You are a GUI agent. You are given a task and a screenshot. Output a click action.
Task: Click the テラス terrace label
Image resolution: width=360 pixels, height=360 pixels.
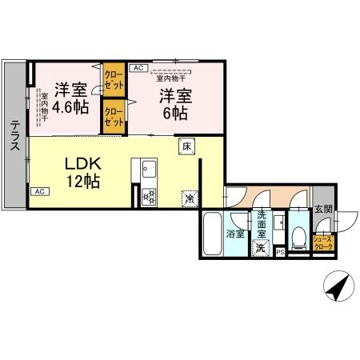(14, 135)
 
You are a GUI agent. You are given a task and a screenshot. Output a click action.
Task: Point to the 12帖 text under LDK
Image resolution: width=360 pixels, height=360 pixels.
(82, 182)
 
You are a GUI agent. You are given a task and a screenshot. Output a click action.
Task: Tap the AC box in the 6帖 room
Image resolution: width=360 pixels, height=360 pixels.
(137, 68)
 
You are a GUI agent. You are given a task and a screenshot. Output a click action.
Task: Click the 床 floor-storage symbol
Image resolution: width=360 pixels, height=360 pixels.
(186, 146)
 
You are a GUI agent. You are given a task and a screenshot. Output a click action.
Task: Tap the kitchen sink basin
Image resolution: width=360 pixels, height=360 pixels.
(148, 170)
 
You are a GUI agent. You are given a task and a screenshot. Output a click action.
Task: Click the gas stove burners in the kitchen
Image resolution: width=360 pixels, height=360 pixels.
(148, 196)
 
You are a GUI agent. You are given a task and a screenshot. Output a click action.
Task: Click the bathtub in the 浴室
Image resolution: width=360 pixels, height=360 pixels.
(213, 234)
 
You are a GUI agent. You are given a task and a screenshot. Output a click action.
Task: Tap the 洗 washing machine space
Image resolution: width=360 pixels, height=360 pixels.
(261, 247)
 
